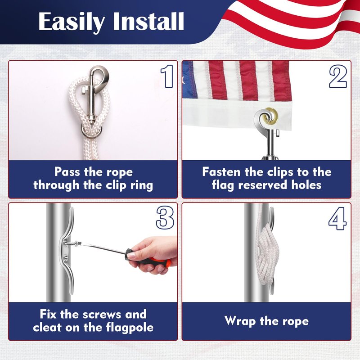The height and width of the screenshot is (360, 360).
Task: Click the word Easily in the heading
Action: pyautogui.click(x=72, y=22)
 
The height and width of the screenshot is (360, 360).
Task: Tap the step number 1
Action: pyautogui.click(x=167, y=76)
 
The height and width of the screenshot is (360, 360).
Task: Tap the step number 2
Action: pyautogui.click(x=338, y=76)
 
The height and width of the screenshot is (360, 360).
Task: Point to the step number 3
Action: pyautogui.click(x=165, y=217)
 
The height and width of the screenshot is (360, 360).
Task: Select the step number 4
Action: pyautogui.click(x=337, y=218)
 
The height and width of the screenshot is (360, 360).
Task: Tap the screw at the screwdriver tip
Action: pyautogui.click(x=72, y=243)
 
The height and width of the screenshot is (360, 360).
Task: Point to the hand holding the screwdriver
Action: pyautogui.click(x=153, y=255)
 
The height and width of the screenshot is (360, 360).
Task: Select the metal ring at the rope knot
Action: pyautogui.click(x=91, y=132)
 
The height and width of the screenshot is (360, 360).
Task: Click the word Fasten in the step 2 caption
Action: pyautogui.click(x=221, y=171)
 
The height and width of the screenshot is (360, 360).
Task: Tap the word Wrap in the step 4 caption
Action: pyautogui.click(x=240, y=321)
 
